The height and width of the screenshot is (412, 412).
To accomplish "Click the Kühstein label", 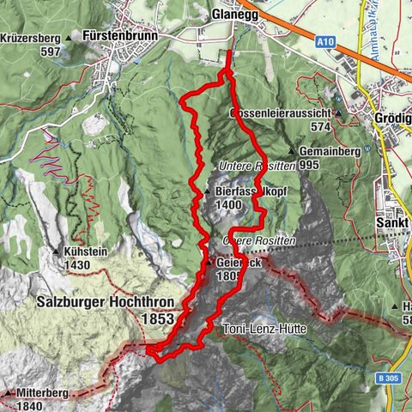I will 85,252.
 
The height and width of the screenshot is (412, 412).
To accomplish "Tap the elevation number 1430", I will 77,265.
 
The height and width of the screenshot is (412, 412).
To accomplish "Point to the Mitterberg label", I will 40,393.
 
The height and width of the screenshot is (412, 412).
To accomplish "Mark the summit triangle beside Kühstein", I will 57,252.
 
